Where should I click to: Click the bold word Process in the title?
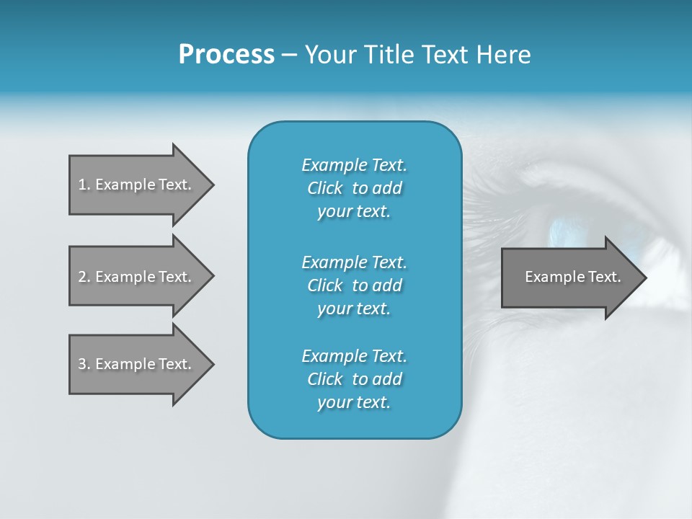(x=226, y=55)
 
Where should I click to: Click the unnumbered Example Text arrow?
(x=569, y=277)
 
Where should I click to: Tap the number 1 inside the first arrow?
(x=82, y=185)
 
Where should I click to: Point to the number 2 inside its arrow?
(x=82, y=277)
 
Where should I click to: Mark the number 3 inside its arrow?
(x=82, y=364)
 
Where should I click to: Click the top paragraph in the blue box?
(x=354, y=188)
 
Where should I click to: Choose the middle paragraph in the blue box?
(x=354, y=285)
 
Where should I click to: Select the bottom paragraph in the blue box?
(x=354, y=379)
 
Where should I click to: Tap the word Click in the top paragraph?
(x=325, y=188)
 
